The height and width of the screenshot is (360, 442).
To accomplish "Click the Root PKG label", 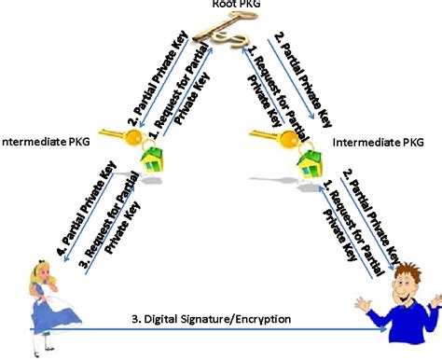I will tap(221, 5).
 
